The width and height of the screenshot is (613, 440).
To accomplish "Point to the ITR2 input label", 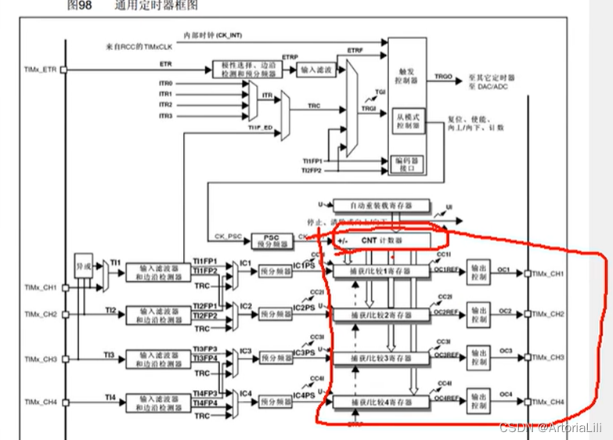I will tap(165, 105).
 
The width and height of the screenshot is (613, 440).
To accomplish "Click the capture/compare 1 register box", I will tap(381, 272).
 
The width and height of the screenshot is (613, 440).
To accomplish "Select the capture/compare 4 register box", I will tap(381, 402).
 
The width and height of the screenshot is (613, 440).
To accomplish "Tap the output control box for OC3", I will tap(477, 358).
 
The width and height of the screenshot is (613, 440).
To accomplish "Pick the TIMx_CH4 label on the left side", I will tap(40, 402).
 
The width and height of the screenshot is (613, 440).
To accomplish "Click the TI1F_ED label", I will tap(259, 126).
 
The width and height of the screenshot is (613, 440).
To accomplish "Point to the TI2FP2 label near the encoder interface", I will tap(313, 170).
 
